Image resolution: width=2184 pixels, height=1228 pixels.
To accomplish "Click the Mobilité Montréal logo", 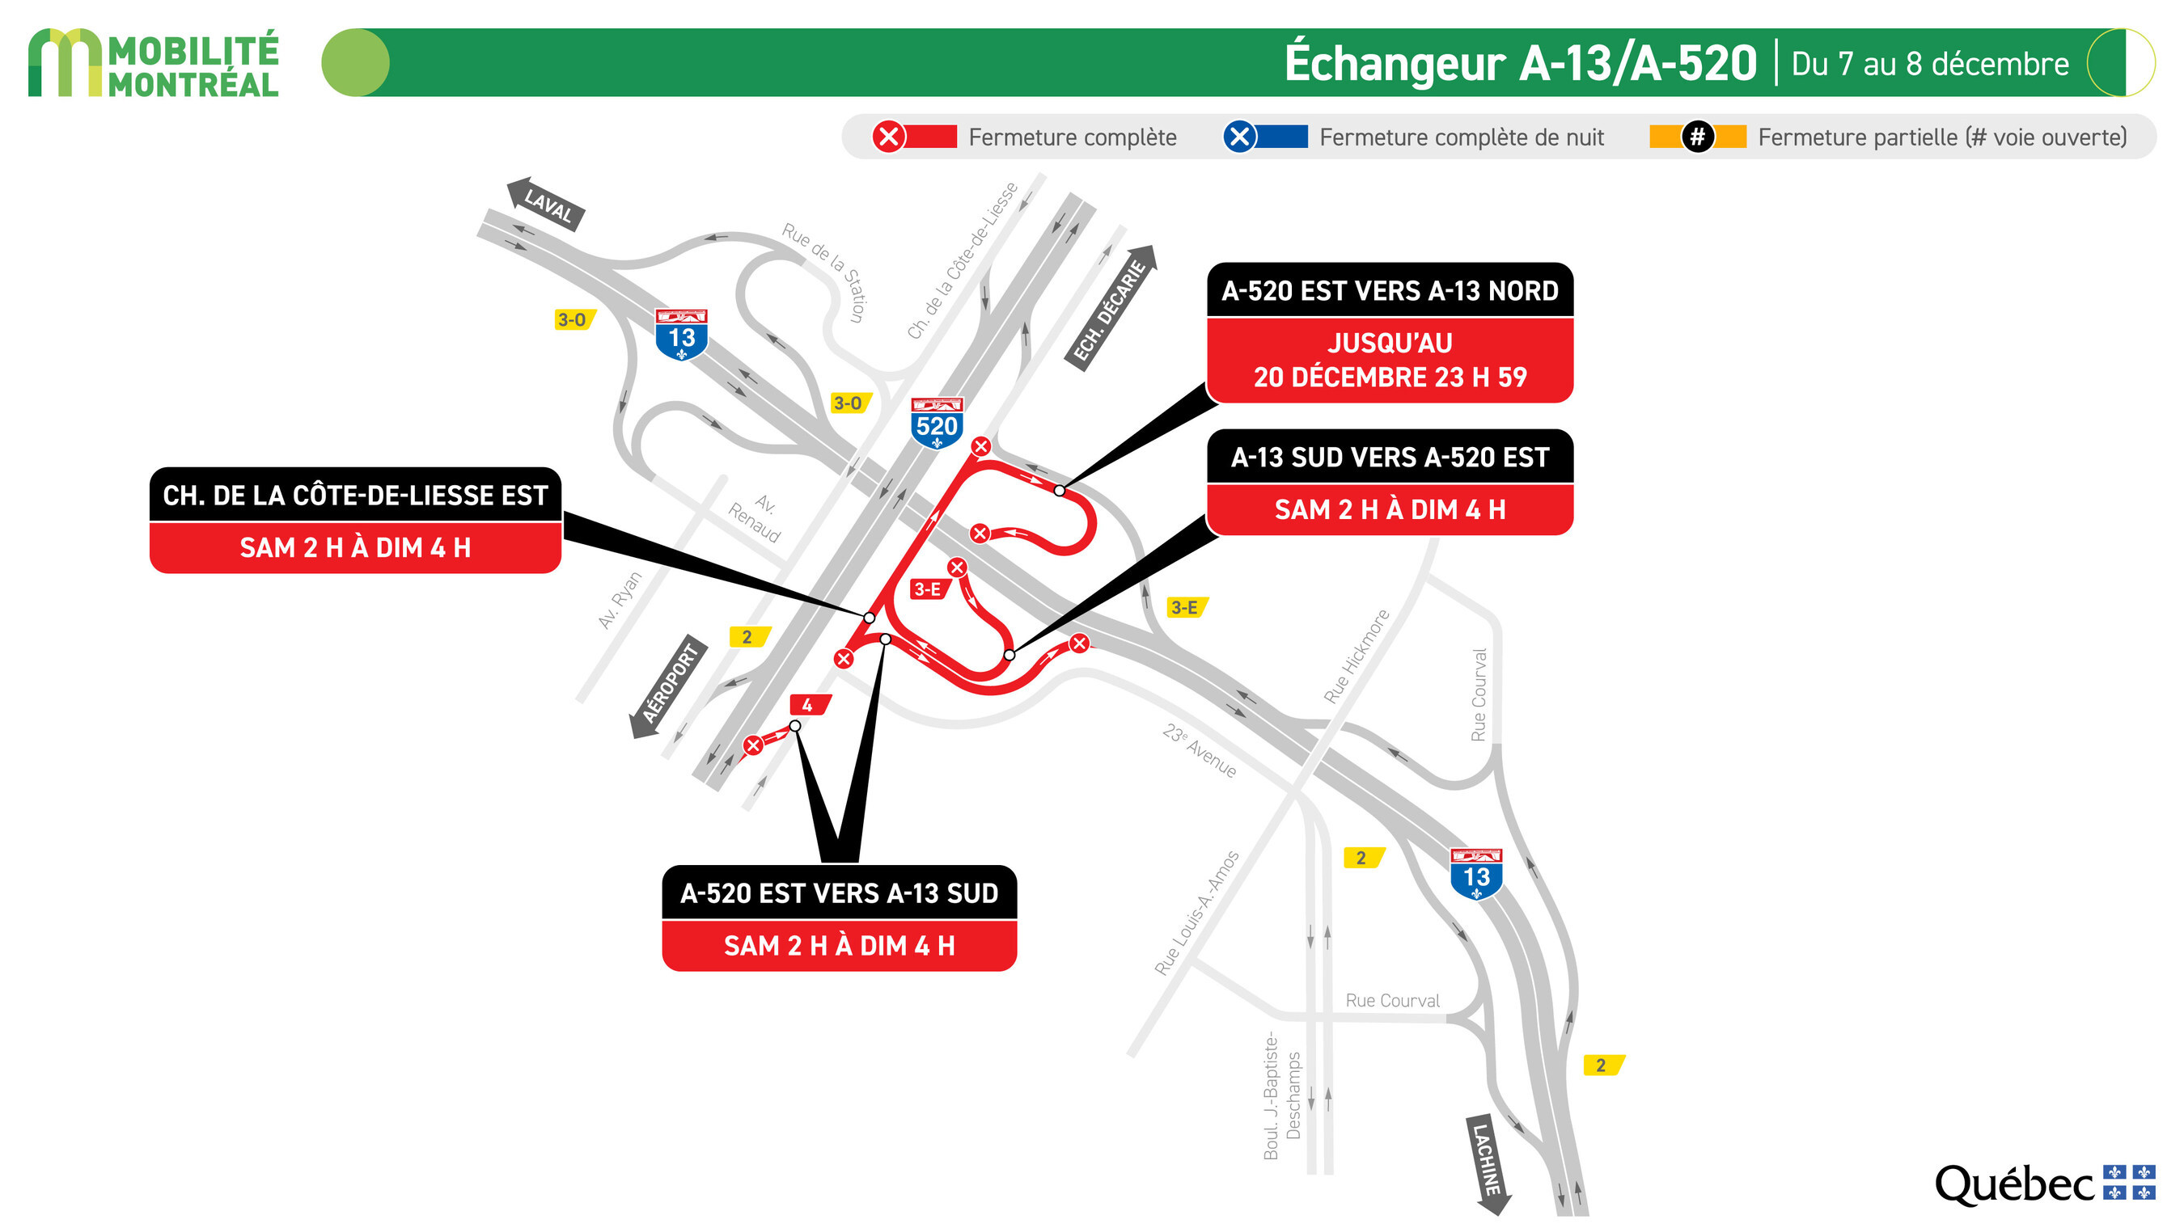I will [154, 64].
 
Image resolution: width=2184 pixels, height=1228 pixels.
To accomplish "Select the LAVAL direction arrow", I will [546, 205].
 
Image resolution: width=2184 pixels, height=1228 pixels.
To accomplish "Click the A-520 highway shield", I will [936, 422].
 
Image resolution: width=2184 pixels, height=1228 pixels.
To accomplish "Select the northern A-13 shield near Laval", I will [681, 334].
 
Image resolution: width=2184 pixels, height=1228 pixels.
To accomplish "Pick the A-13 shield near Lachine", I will [1476, 873].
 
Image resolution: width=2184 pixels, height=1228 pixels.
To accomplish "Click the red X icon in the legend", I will [888, 137].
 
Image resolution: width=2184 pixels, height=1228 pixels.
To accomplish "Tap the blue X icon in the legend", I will [1238, 137].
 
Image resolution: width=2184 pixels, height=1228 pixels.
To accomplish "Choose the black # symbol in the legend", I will [1697, 137].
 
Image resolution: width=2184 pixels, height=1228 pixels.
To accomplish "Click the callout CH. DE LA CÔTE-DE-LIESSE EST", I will [355, 520].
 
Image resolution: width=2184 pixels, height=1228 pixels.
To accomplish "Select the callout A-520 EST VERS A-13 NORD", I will [1390, 332].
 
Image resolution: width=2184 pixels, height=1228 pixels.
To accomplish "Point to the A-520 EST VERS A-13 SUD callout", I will [839, 918].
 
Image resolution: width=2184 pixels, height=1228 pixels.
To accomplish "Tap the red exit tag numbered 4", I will [809, 704].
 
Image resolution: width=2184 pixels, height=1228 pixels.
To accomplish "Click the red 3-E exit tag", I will [928, 589].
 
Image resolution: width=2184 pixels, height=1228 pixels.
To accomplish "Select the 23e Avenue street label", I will [1199, 750].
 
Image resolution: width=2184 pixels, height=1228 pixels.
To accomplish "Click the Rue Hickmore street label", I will [1357, 656].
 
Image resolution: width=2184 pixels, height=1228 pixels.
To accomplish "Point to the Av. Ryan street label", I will [620, 600].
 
